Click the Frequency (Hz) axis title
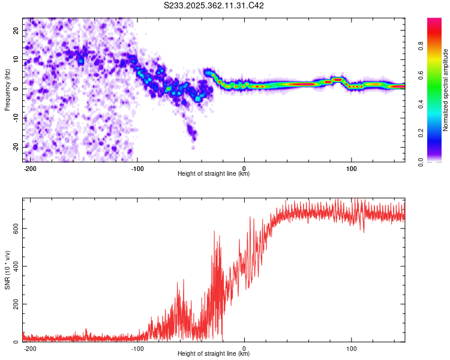(x=7, y=90)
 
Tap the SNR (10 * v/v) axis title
(x=7, y=270)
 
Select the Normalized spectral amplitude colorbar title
(x=446, y=90)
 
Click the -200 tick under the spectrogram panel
(x=29, y=168)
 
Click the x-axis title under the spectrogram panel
(x=214, y=174)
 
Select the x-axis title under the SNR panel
(x=214, y=354)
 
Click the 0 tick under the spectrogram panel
(x=244, y=168)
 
